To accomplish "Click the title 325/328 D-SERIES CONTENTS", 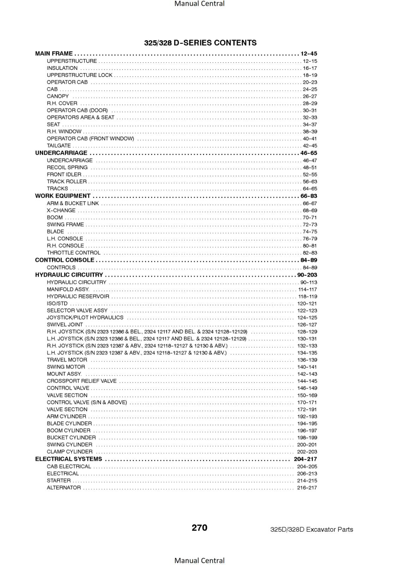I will pyautogui.click(x=200, y=43).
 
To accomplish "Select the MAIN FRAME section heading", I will pyautogui.click(x=54, y=54).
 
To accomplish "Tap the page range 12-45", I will pyautogui.click(x=309, y=54).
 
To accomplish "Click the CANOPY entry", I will pyautogui.click(x=58, y=96).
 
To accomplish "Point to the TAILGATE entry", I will pyautogui.click(x=59, y=145).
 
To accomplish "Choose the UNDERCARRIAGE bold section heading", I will pyautogui.click(x=61, y=153).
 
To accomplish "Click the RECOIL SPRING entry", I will pyautogui.click(x=67, y=167).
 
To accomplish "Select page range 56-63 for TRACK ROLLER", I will pyautogui.click(x=310, y=182).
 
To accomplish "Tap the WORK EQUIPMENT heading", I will pyautogui.click(x=62, y=196).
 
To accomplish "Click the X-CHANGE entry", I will pyautogui.click(x=61, y=210).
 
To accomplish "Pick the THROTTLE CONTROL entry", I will pyautogui.click(x=73, y=253).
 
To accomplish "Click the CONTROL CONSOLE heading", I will pyautogui.click(x=65, y=260).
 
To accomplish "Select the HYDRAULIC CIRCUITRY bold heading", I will pyautogui.click(x=69, y=275).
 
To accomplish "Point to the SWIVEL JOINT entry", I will pyautogui.click(x=65, y=325).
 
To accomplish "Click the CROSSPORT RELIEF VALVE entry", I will pyautogui.click(x=82, y=381).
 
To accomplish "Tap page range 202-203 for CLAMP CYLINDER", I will pyautogui.click(x=307, y=452).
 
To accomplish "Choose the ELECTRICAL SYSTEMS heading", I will pyautogui.click(x=69, y=459).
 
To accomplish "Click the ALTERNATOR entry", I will pyautogui.click(x=64, y=488).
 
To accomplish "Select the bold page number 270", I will pyautogui.click(x=199, y=528).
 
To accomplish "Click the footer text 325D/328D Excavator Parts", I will pyautogui.click(x=311, y=529).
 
